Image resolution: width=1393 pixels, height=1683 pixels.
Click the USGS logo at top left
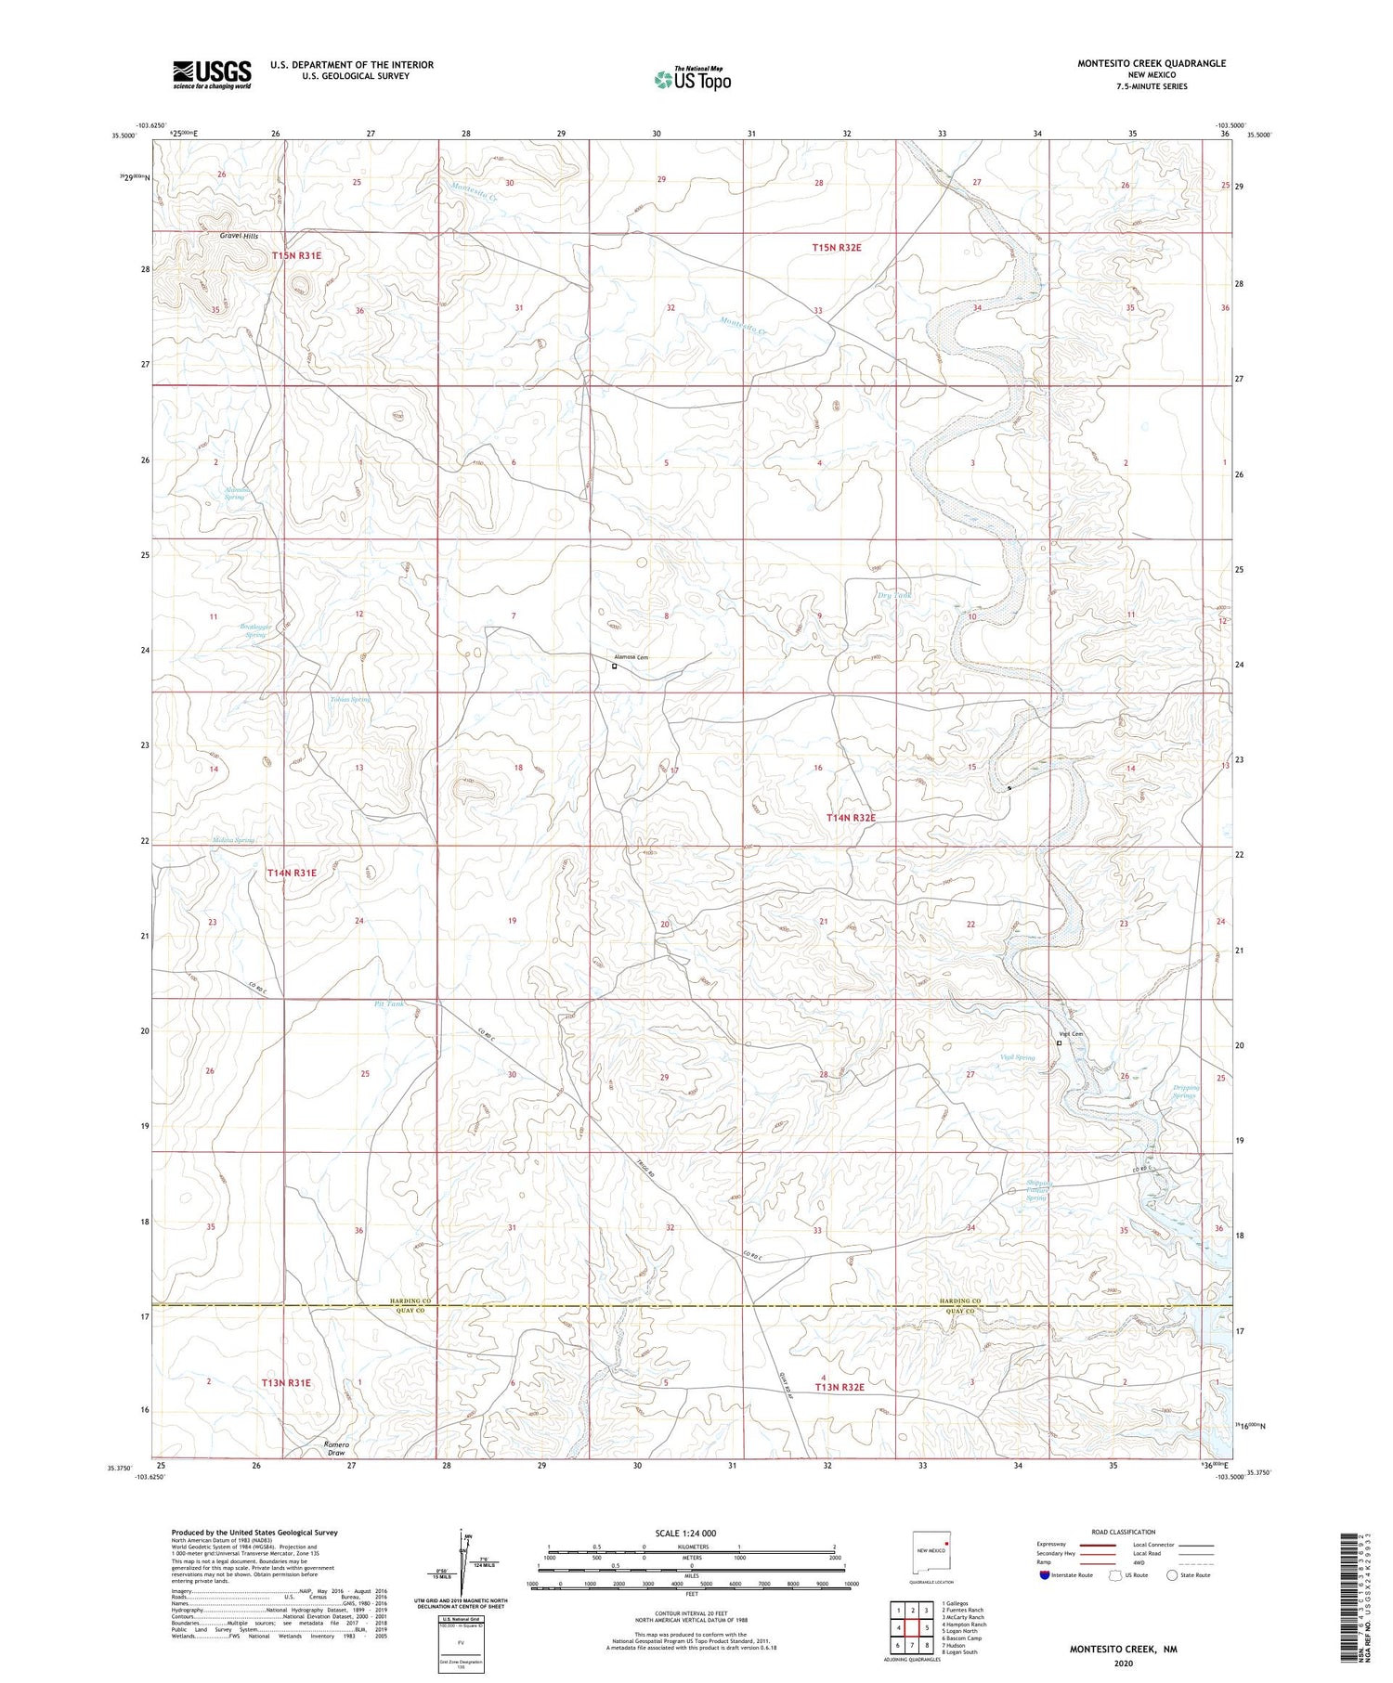[212, 74]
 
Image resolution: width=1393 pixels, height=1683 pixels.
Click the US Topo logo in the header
[692, 80]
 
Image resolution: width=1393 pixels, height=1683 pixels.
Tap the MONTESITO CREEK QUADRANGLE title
[1151, 63]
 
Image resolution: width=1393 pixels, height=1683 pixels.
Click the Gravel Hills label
[239, 236]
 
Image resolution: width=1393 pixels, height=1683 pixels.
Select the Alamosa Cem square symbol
[614, 666]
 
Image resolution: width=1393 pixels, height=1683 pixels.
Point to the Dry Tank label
[894, 595]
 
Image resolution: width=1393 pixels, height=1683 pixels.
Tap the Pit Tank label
[389, 1003]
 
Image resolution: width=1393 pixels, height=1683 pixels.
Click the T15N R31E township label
[296, 255]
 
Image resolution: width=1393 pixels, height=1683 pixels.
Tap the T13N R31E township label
[286, 1383]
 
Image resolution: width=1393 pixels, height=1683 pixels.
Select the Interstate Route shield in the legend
[1044, 1575]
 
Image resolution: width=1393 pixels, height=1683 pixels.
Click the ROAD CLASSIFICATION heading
[1123, 1532]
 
